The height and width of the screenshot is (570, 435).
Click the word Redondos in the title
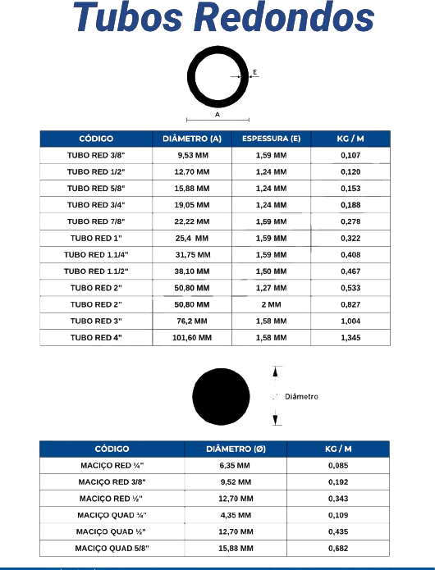(284, 17)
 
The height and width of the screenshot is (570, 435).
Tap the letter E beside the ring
(255, 72)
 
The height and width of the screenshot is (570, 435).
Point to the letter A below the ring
(217, 115)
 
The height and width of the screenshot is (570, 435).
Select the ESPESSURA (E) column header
(272, 139)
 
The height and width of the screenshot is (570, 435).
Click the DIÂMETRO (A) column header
(192, 139)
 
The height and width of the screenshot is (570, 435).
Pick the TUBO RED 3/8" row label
(96, 155)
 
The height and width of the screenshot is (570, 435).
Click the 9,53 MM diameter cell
(193, 155)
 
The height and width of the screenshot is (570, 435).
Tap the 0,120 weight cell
(350, 172)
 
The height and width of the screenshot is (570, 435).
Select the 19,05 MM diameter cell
(192, 205)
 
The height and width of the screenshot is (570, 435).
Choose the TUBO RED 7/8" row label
(96, 221)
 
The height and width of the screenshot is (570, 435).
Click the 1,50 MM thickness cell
(272, 271)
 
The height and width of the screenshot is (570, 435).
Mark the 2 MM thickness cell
(272, 304)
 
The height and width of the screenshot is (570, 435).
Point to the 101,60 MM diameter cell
(192, 338)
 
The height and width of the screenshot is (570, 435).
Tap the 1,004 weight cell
(350, 321)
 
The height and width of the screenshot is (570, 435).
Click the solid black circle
(221, 397)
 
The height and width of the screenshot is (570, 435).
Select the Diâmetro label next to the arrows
(301, 397)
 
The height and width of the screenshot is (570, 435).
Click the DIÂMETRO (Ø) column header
(236, 449)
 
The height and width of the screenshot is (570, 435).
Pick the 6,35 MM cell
(235, 465)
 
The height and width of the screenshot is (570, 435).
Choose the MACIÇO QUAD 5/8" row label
(112, 548)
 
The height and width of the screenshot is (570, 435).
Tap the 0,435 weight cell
(338, 531)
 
